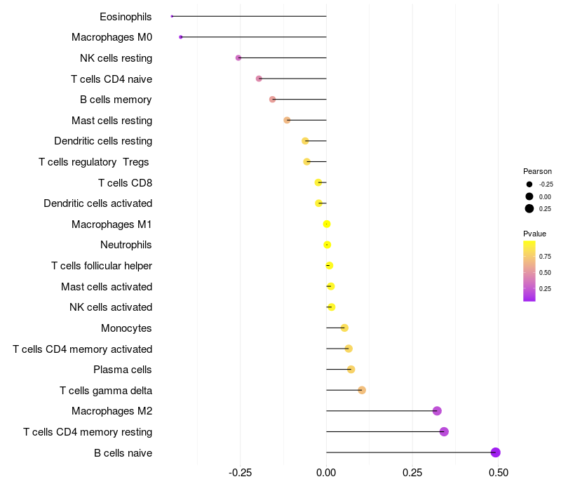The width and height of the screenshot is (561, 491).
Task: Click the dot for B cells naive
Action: tap(495, 452)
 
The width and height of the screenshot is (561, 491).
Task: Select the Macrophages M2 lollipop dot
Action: tap(437, 411)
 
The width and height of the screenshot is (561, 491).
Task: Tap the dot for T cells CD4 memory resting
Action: tap(444, 431)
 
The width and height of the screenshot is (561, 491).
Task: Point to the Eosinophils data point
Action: tap(172, 16)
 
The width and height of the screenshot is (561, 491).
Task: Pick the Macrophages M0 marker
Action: tap(181, 37)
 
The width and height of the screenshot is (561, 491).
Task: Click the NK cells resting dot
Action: tap(238, 58)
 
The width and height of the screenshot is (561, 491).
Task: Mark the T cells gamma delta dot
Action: tap(362, 390)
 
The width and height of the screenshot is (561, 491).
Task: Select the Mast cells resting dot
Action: tap(287, 120)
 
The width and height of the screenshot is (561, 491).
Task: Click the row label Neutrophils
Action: tap(126, 245)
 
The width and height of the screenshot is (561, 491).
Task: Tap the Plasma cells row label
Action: tap(123, 370)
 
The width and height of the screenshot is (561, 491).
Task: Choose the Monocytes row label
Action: tap(126, 328)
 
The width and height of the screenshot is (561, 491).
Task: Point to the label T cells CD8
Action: tap(125, 183)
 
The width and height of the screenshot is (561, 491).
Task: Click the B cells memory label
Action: tap(116, 100)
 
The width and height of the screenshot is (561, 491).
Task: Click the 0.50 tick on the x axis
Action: tap(498, 473)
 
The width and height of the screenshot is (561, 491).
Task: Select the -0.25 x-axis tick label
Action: tap(241, 473)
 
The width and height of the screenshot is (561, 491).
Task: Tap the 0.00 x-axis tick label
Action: tap(326, 473)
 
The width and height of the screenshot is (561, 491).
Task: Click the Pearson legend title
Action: tap(537, 171)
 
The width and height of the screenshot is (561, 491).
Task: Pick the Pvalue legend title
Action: tap(534, 234)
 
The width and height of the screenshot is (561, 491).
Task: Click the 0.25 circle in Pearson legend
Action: tap(529, 208)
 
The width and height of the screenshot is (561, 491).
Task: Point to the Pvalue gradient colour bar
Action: tap(529, 271)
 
